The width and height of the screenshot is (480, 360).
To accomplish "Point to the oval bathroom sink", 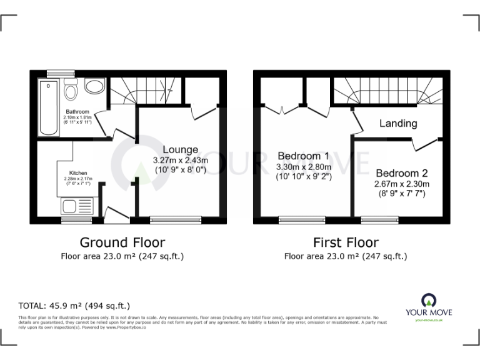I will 95,87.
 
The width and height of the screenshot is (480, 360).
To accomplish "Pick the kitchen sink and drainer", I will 77,206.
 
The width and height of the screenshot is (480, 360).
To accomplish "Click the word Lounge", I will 181,149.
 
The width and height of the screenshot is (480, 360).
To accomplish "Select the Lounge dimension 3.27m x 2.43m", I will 181,161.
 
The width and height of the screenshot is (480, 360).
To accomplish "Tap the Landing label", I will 398,123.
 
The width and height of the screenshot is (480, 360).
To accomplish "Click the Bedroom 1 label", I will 303,156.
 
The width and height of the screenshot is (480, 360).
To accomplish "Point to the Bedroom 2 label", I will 401,173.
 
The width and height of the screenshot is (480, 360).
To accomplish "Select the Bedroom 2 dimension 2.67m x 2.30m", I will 401,184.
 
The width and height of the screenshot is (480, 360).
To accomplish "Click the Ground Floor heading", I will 122,242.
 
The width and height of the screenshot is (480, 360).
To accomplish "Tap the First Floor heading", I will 346,242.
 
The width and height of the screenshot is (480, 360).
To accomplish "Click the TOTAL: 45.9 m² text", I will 74,306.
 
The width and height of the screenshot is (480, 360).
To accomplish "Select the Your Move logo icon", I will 429,299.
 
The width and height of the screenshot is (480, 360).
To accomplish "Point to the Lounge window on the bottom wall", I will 176,219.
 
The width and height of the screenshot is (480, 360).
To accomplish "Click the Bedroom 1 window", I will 302,219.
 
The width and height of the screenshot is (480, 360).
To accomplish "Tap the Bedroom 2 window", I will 380,219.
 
